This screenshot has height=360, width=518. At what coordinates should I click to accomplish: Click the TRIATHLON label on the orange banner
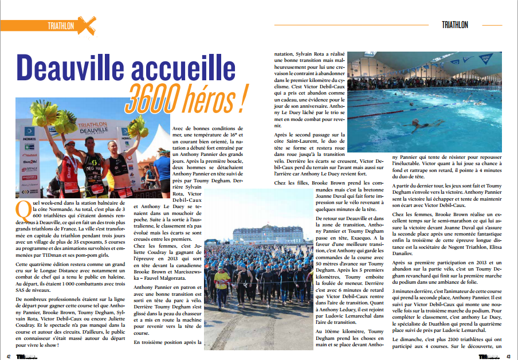pos(61,26)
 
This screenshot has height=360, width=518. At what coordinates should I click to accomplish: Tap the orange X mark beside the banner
pos(86,25)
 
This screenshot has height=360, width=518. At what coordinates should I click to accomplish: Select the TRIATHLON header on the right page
pos(455,25)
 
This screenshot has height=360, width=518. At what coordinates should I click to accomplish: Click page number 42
pos(9,355)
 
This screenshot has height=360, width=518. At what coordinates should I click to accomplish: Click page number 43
pos(508,355)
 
